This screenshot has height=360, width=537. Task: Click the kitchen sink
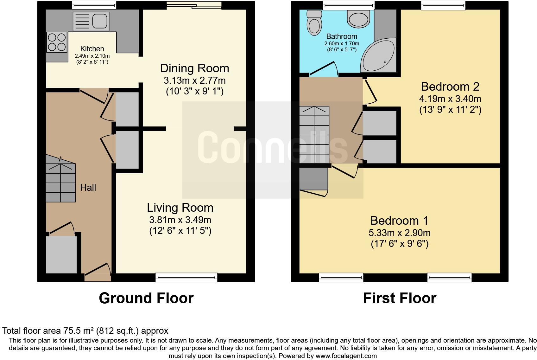point(91,21)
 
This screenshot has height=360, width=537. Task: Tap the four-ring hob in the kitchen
point(57,42)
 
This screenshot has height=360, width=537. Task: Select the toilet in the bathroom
point(314,23)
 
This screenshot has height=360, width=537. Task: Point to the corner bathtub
point(378,55)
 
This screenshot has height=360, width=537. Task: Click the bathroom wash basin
point(358,19)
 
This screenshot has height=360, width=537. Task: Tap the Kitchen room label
point(92,49)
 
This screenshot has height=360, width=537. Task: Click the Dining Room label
point(194,68)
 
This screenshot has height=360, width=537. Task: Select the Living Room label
point(180,208)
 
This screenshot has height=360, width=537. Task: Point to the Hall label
point(88,187)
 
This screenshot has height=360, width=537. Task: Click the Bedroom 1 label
point(399,221)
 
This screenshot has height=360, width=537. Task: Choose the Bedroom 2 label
point(450,87)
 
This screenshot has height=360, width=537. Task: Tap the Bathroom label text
point(342,36)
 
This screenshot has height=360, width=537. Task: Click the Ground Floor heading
point(146,298)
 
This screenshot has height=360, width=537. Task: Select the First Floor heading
point(400,298)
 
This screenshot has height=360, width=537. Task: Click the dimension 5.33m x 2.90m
point(399,233)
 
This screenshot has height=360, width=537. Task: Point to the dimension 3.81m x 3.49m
point(180,220)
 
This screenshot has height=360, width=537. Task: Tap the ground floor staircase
point(61,179)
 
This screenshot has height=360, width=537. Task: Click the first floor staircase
point(314,135)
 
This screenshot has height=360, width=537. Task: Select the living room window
point(186,277)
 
